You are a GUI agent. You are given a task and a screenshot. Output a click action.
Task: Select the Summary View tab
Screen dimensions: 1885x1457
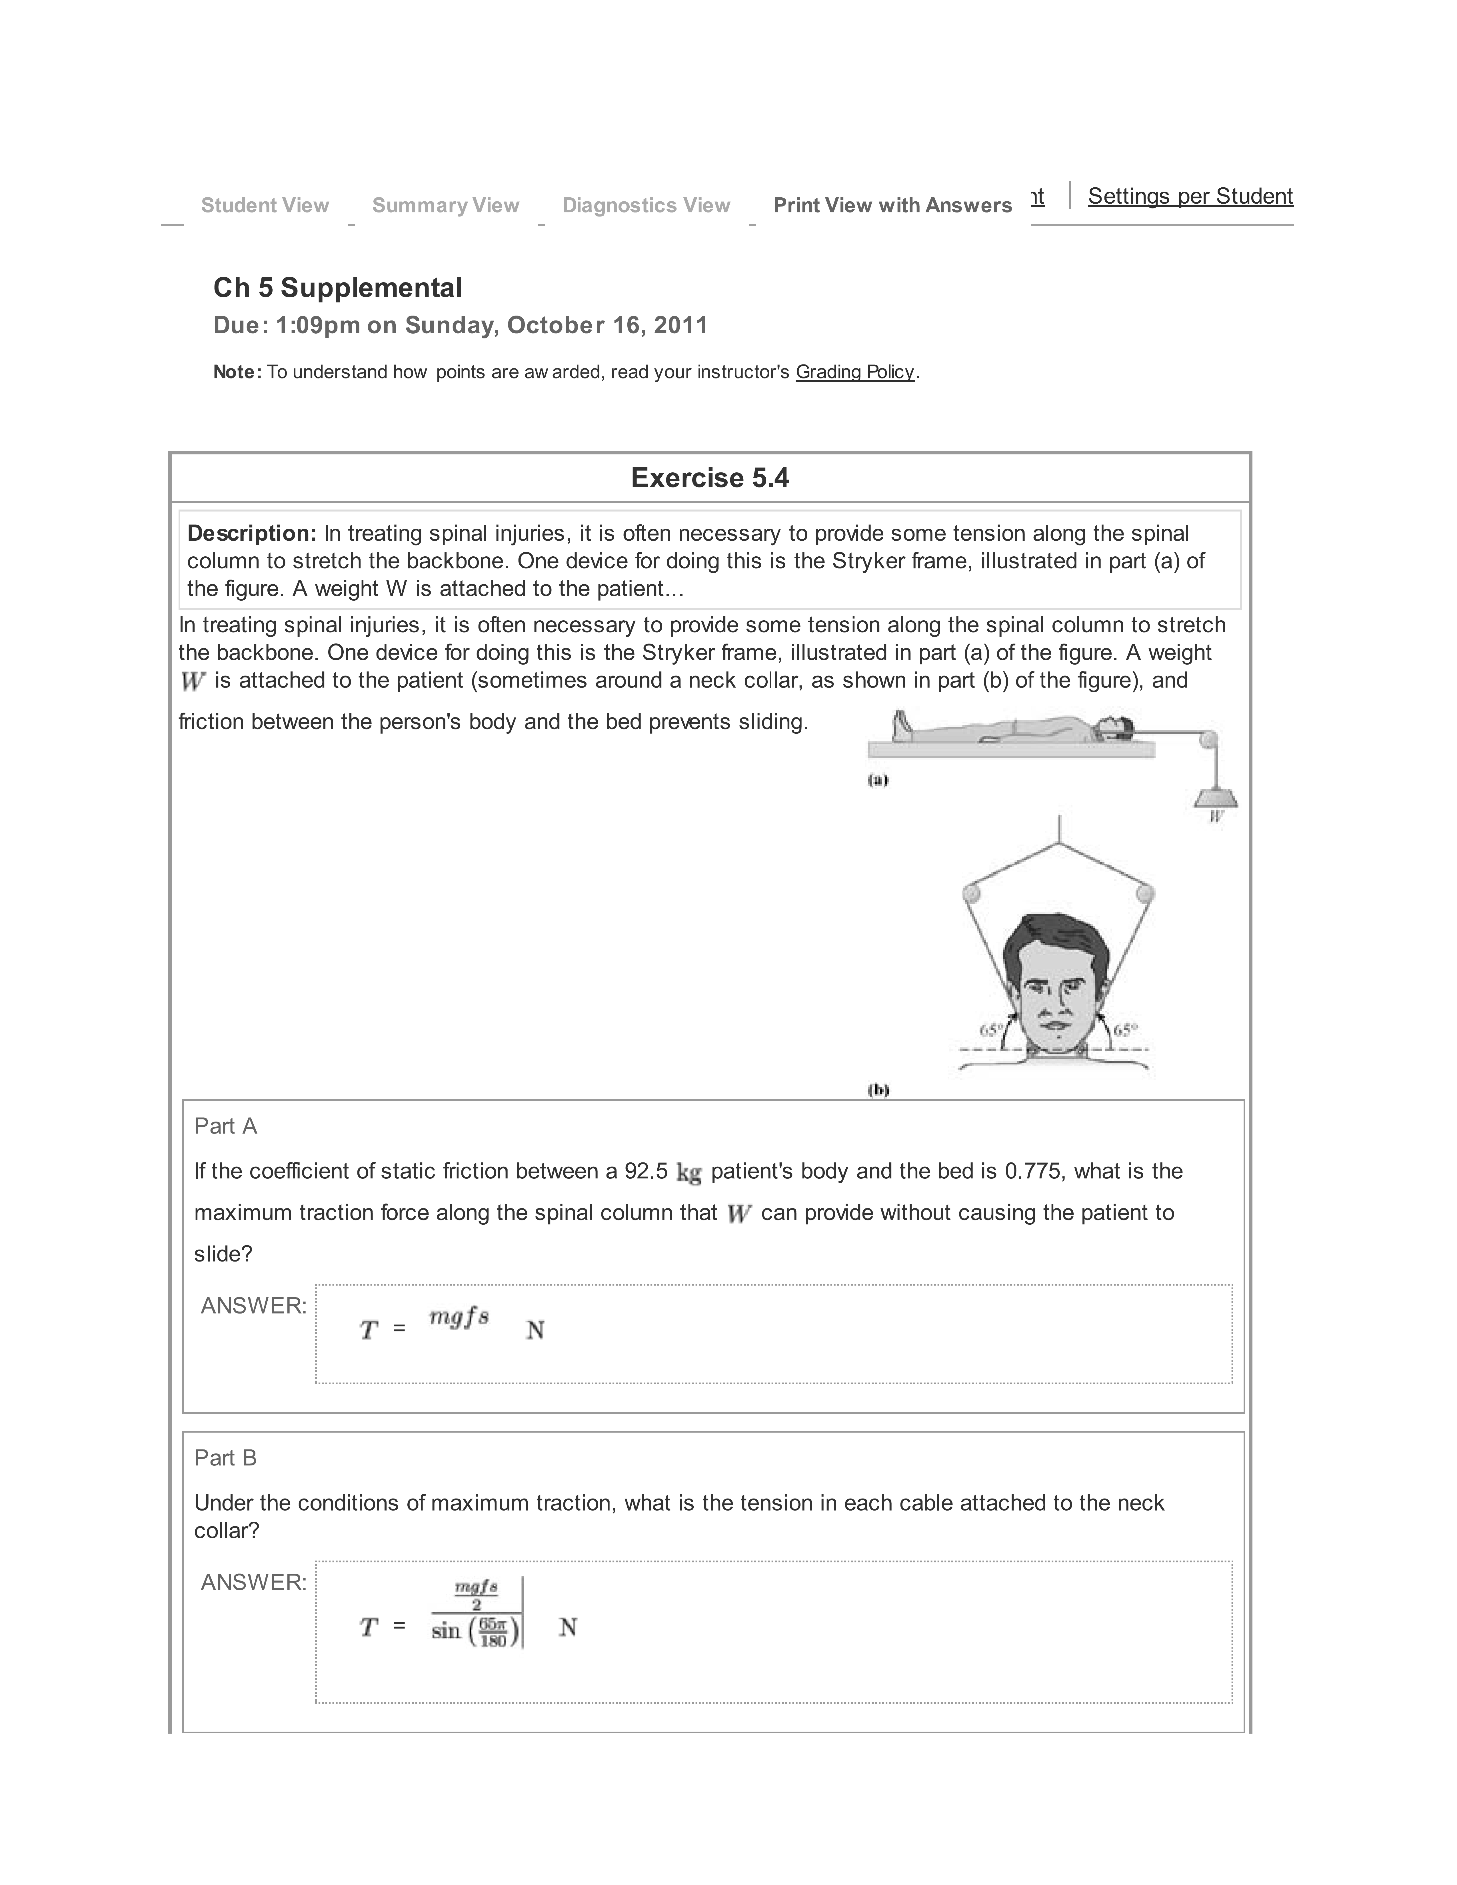[x=445, y=205]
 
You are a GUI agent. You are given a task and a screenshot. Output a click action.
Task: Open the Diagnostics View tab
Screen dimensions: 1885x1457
[x=646, y=205]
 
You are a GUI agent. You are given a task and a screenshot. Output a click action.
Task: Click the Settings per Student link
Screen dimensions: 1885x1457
[x=1189, y=197]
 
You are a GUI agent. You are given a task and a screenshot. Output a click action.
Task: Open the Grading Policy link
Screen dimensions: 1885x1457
[x=854, y=372]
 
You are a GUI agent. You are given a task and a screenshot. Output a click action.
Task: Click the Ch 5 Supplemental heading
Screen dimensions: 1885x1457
[x=337, y=287]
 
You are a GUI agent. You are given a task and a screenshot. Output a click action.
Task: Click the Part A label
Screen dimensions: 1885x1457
[x=225, y=1126]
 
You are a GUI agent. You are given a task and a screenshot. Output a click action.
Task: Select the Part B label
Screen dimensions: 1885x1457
[x=225, y=1458]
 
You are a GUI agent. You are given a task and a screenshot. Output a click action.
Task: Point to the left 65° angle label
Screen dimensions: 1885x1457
[x=991, y=1030]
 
